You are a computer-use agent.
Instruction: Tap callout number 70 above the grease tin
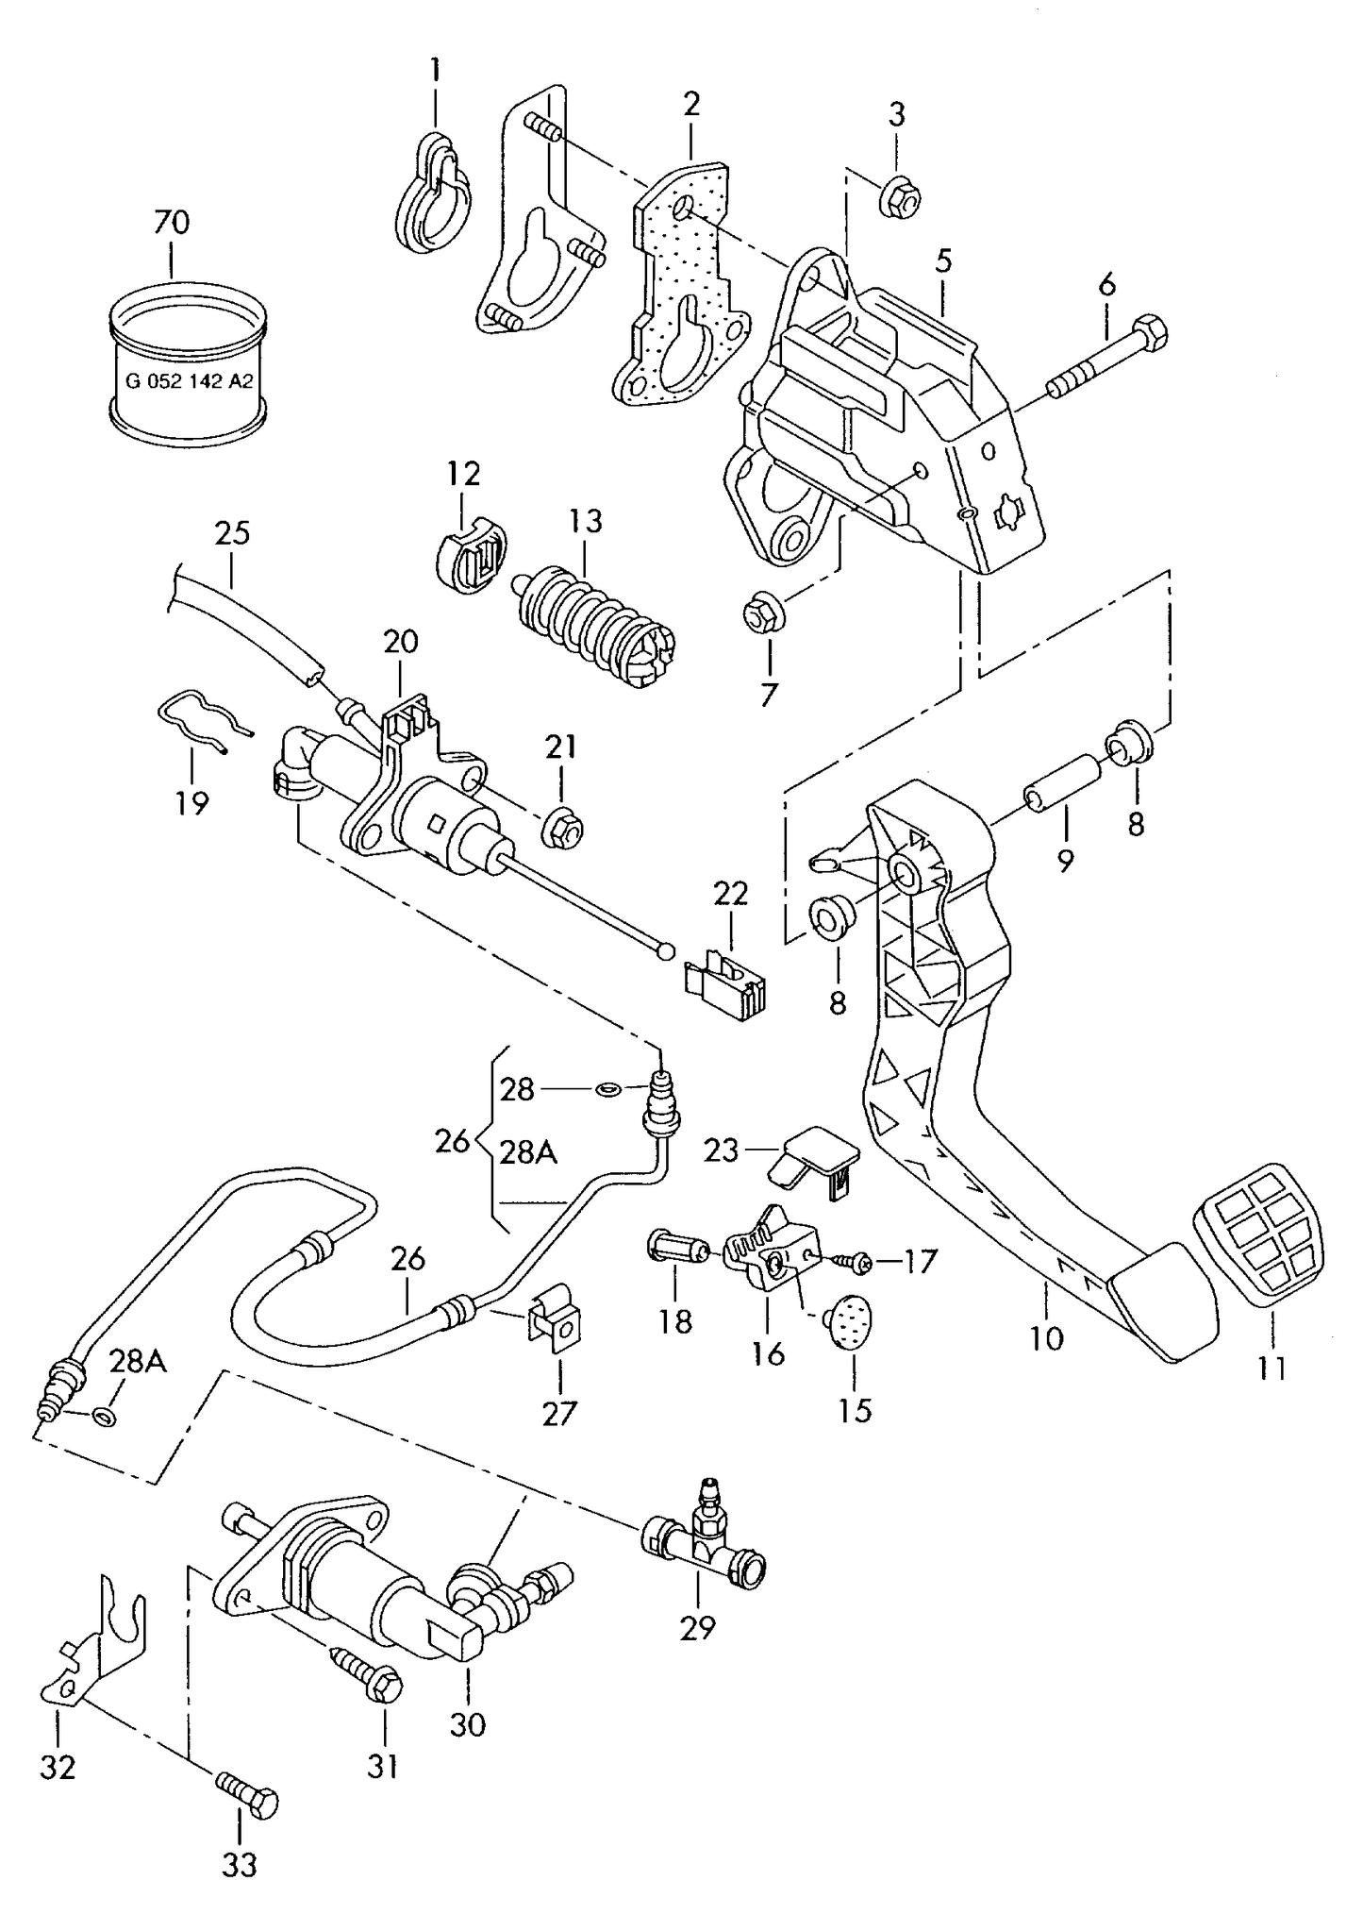click(171, 223)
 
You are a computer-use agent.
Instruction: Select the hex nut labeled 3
click(900, 197)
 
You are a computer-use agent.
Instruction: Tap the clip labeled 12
click(470, 557)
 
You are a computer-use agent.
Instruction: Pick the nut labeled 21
click(562, 828)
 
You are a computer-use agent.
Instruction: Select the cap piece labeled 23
click(813, 1160)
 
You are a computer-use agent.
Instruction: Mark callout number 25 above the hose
click(232, 534)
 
